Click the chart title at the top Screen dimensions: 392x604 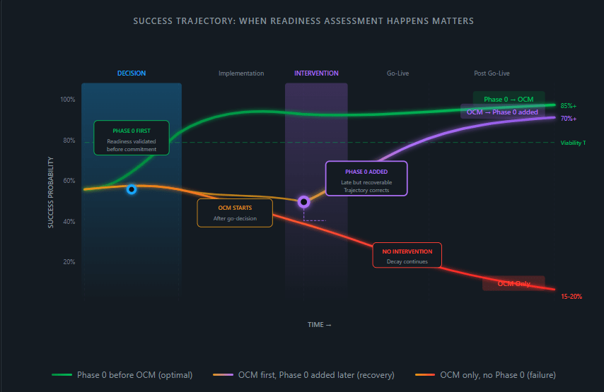[x=303, y=21]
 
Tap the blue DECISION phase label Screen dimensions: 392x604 [x=132, y=73]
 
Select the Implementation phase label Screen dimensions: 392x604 [x=241, y=73]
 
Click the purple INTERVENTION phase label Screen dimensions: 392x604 [x=316, y=73]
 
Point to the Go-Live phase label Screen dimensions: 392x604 [x=397, y=73]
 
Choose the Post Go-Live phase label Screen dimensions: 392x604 [x=492, y=73]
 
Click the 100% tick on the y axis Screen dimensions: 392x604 [x=67, y=100]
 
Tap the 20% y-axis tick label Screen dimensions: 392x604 [x=69, y=262]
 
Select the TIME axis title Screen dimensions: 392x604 [x=319, y=325]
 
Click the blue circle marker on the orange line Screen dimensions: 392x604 [x=132, y=189]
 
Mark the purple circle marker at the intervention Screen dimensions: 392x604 [x=304, y=201]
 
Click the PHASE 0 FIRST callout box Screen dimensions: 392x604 [x=132, y=138]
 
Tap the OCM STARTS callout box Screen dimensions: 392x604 [x=235, y=213]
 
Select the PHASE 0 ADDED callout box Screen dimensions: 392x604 [x=366, y=177]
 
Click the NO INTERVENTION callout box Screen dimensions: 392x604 [x=407, y=255]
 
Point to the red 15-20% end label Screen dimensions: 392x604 [x=571, y=297]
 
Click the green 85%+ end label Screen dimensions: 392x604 [x=569, y=106]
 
